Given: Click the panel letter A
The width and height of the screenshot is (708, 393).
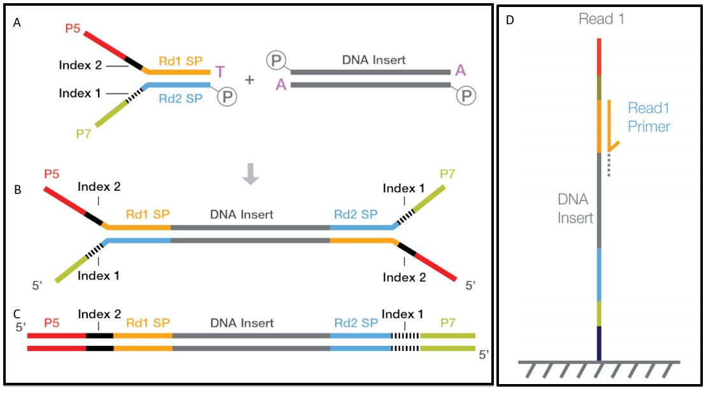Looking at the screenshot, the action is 17,22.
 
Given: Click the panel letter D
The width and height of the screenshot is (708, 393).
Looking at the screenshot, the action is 510,20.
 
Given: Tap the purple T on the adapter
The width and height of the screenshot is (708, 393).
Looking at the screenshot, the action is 220,72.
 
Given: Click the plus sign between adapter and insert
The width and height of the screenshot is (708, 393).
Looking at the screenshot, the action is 249,80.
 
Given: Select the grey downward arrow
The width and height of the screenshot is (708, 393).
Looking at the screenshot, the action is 250,174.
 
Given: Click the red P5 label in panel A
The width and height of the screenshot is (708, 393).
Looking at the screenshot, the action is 73,29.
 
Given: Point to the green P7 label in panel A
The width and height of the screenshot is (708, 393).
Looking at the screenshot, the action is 83,134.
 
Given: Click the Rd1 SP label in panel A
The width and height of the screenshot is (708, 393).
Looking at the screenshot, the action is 180,61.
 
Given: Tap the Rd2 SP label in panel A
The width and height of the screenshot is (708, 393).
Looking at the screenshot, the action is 180,99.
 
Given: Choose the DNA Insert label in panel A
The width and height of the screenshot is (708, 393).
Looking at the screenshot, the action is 374,60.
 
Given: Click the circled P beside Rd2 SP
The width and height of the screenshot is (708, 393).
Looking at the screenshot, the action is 227,96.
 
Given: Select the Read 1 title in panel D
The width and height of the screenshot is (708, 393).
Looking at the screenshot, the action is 602,19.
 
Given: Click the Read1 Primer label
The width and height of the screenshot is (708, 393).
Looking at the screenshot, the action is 649,117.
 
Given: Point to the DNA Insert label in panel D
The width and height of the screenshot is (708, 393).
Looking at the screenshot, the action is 575,209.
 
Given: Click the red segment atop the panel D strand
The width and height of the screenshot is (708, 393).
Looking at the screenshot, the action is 599,57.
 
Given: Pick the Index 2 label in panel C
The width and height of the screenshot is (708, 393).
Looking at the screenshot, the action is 99,315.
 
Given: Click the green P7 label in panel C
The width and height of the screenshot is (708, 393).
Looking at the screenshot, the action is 447,323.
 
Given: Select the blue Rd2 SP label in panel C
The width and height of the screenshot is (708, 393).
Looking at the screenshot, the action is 356,323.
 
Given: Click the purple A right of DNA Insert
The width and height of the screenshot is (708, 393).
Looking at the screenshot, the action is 460,70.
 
